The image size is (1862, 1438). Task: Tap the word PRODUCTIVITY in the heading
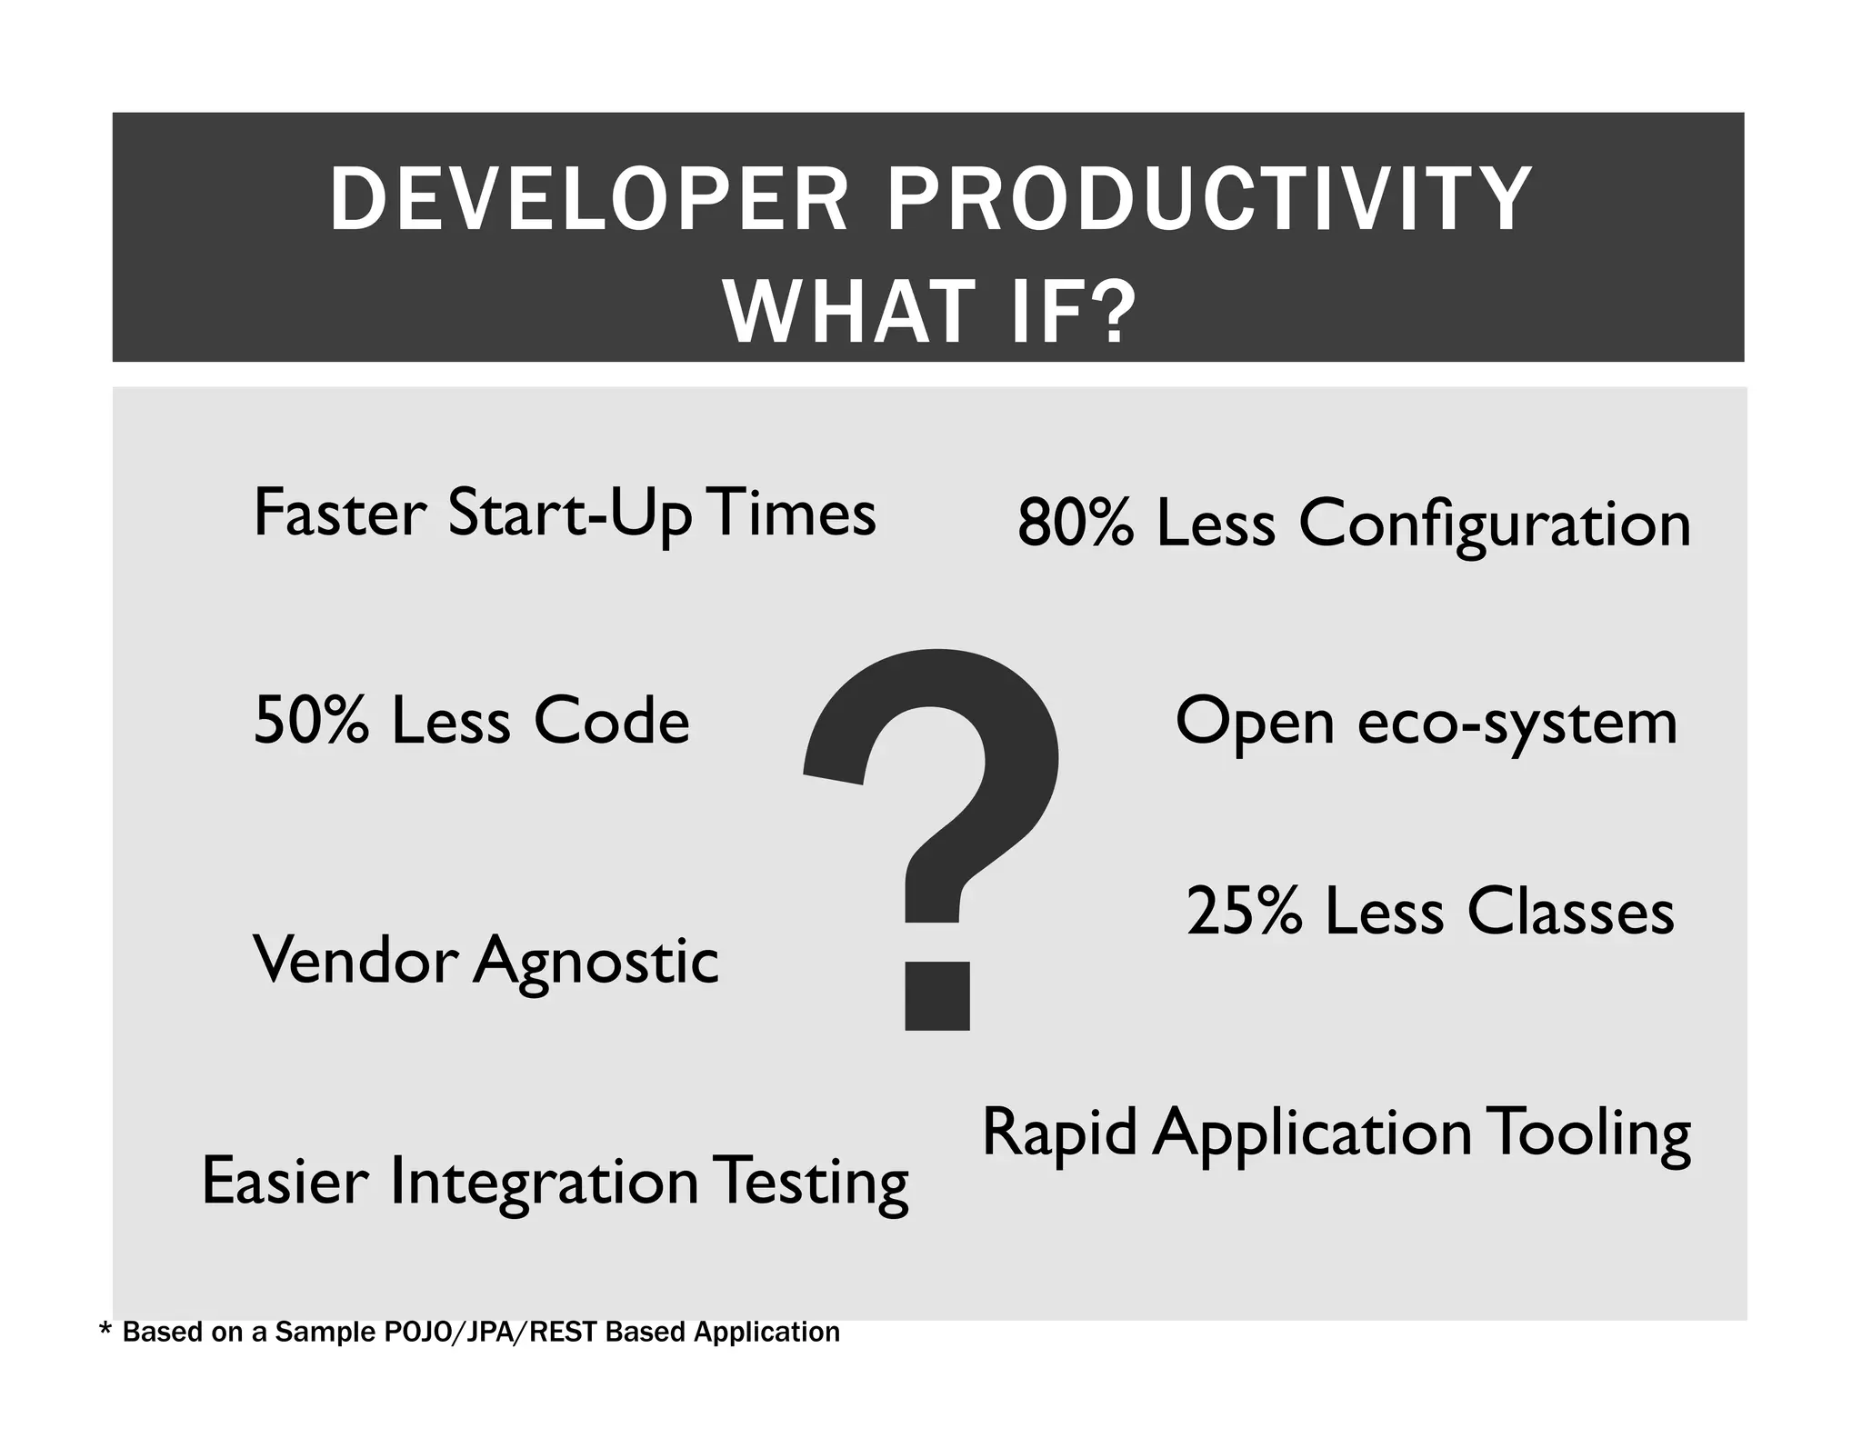point(1209,200)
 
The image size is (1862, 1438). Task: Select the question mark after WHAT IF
point(1111,312)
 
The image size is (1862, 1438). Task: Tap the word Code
point(611,721)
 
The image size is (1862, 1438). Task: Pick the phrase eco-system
point(1517,723)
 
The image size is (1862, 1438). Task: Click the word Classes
point(1570,912)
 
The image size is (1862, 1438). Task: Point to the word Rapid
point(1059,1133)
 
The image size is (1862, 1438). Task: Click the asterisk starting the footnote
point(105,1331)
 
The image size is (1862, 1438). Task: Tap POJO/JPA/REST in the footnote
point(486,1333)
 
